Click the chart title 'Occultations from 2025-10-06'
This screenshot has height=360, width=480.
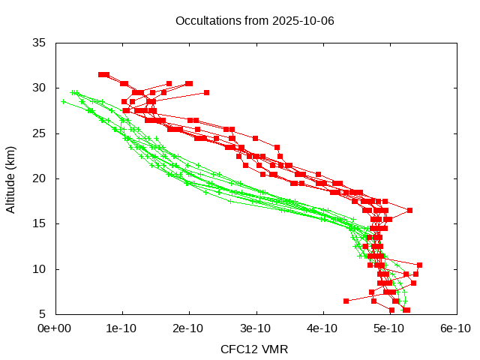point(254,20)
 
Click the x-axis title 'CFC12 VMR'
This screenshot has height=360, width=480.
point(254,349)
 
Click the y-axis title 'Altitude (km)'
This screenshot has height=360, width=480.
point(11,178)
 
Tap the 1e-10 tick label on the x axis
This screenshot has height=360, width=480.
point(121,328)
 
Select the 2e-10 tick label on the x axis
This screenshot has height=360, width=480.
point(188,328)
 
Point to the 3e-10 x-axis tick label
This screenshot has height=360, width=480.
point(255,328)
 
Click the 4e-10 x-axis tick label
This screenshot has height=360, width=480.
point(322,328)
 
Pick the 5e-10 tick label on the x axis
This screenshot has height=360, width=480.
point(388,328)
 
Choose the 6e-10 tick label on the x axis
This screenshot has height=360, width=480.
point(455,328)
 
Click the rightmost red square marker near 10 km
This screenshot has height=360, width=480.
point(419,265)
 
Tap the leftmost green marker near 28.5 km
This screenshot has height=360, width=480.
point(64,101)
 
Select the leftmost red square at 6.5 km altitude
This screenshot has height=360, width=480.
point(346,301)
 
